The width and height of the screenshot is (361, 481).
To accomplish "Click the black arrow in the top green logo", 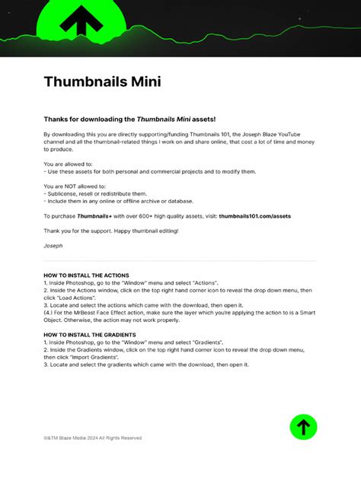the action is pyautogui.click(x=81, y=20).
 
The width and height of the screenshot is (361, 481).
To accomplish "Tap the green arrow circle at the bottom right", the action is pyautogui.click(x=303, y=427).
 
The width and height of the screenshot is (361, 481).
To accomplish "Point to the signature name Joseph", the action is pyautogui.click(x=53, y=246).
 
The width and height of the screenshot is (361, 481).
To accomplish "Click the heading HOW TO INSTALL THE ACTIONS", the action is pyautogui.click(x=86, y=275).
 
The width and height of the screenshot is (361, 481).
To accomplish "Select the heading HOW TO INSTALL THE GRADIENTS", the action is pyautogui.click(x=90, y=335).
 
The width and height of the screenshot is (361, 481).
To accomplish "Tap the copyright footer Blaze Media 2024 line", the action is pyautogui.click(x=92, y=438).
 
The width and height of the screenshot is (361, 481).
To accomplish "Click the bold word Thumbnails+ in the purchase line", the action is pyautogui.click(x=98, y=216).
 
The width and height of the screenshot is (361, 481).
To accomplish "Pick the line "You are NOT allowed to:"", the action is pyautogui.click(x=75, y=186).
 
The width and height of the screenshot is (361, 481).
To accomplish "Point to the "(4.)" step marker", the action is pyautogui.click(x=50, y=312).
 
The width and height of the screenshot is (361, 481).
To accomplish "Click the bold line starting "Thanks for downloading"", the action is pyautogui.click(x=129, y=119).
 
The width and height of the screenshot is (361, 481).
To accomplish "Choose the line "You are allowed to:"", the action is pyautogui.click(x=68, y=164).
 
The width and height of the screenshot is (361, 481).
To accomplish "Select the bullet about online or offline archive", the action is pyautogui.click(x=118, y=201).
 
